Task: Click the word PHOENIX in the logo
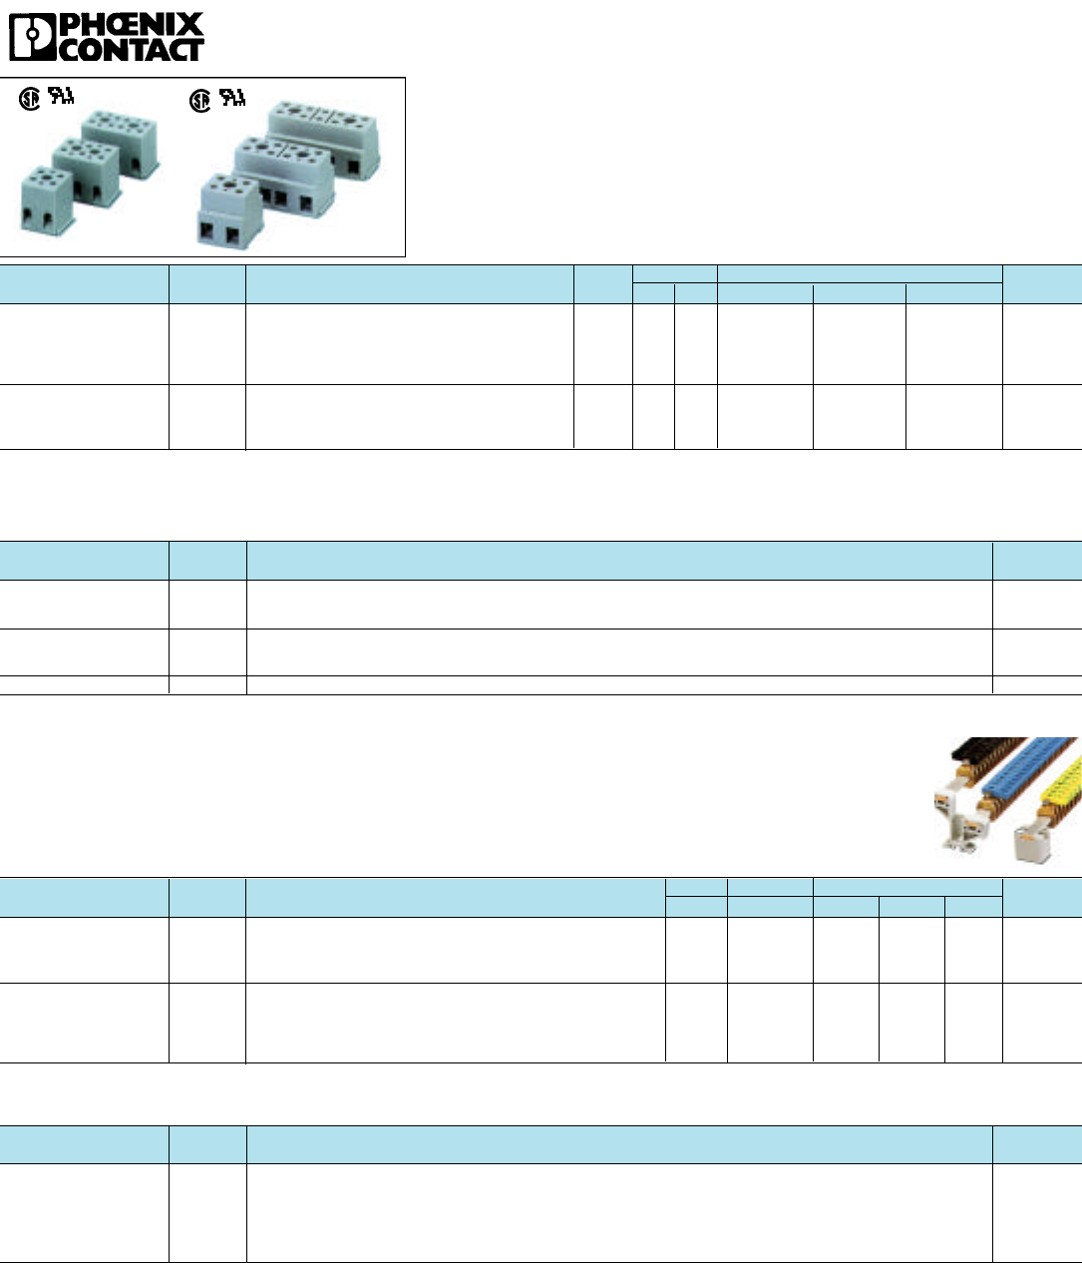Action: click(132, 25)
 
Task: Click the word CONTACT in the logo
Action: click(132, 49)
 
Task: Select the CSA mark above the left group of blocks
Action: click(31, 100)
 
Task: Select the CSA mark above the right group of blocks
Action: click(201, 100)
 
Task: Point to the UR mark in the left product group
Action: click(62, 98)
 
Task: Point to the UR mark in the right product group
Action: click(232, 98)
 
